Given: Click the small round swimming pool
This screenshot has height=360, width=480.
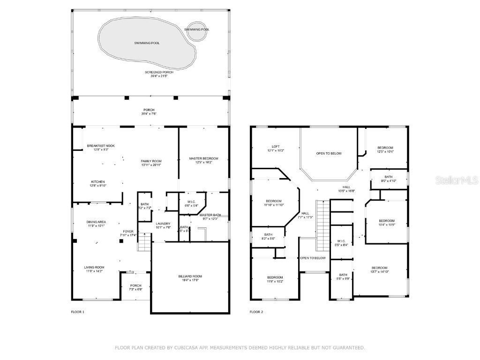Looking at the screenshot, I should tap(197, 29).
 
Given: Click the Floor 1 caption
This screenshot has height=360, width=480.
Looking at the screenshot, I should tap(77, 312).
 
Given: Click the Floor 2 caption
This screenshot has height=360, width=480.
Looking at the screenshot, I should tap(256, 312).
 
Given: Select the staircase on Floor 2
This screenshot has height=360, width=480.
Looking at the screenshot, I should tap(322, 225).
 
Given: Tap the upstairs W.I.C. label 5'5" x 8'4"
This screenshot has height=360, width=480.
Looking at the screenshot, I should tap(341, 243).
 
